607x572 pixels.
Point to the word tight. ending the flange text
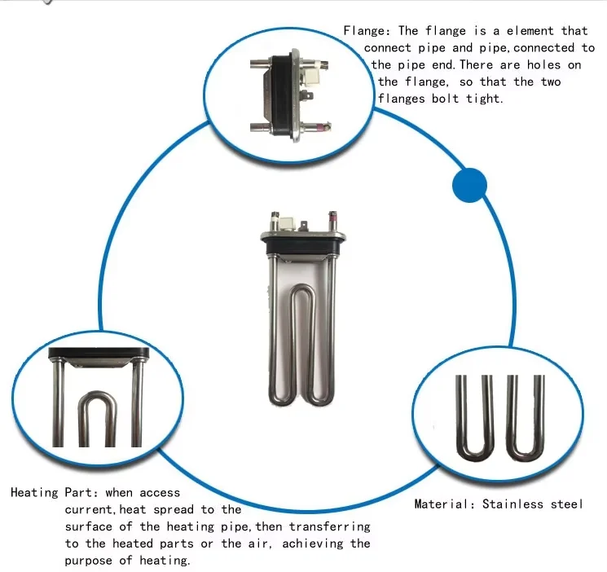click(x=484, y=99)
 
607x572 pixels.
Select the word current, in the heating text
click(x=94, y=509)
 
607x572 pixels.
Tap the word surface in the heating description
click(x=90, y=526)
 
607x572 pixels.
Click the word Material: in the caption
click(x=444, y=504)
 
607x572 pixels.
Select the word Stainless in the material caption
click(x=512, y=504)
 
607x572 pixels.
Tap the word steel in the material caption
click(x=566, y=504)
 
